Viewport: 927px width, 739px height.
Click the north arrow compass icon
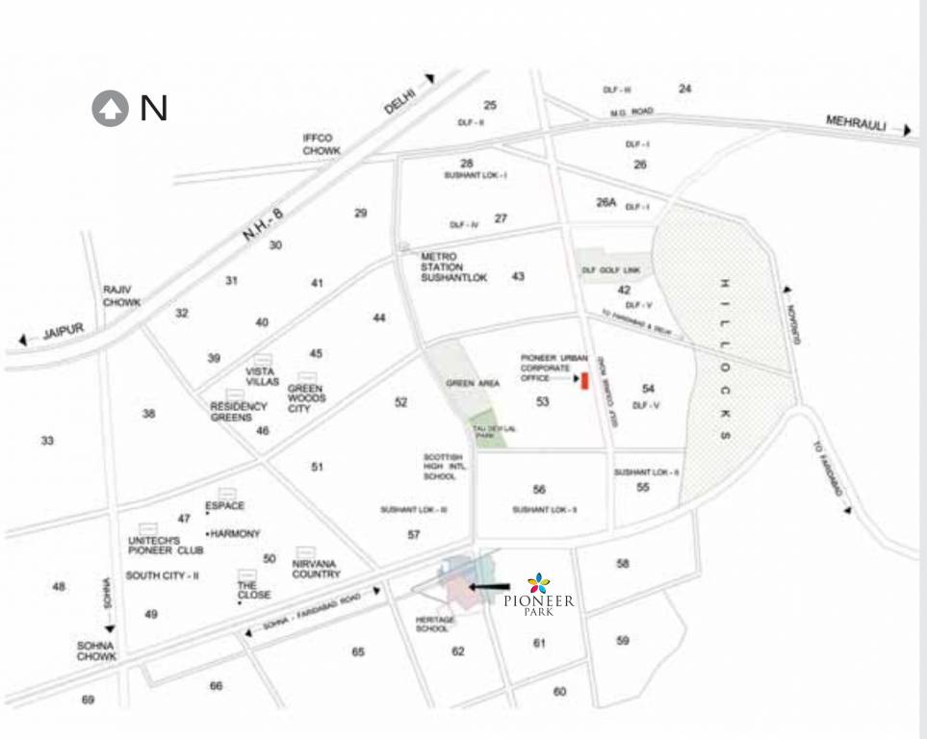(x=110, y=109)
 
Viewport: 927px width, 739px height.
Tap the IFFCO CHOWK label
(x=322, y=144)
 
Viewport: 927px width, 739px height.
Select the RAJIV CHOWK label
(x=122, y=295)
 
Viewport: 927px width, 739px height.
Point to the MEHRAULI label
(x=856, y=122)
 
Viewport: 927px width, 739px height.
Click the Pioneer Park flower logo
(x=539, y=582)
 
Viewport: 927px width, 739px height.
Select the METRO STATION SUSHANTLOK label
(x=454, y=267)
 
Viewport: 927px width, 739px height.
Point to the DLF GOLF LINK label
(x=610, y=270)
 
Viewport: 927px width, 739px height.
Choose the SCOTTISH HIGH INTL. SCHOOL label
(x=444, y=466)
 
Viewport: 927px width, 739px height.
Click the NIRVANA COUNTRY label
(x=316, y=568)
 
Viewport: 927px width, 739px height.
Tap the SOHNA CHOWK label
(x=97, y=650)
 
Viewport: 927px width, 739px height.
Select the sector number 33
(x=47, y=441)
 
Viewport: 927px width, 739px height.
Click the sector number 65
(x=358, y=651)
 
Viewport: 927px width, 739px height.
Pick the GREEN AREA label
(x=473, y=384)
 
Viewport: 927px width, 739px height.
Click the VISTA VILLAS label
(x=262, y=376)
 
